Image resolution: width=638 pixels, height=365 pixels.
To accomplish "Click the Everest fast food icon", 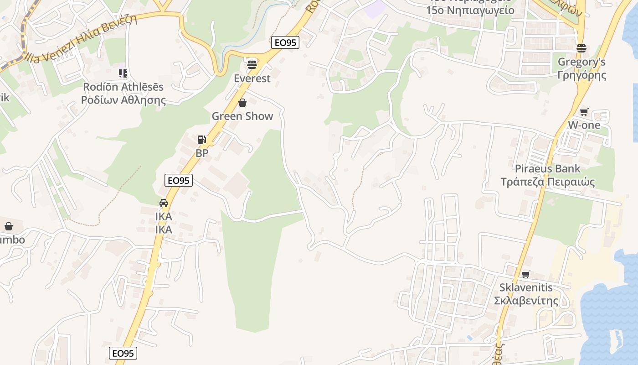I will click(252, 64).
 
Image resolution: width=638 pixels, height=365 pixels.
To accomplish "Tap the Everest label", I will click(252, 78).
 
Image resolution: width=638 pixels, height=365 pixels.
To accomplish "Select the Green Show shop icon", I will click(242, 103).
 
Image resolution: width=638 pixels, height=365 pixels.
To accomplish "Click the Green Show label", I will click(242, 116).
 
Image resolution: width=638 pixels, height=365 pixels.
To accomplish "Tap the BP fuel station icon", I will click(202, 140).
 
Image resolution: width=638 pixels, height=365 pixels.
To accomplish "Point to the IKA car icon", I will click(164, 203).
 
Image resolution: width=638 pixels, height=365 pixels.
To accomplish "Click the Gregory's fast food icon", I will click(581, 48).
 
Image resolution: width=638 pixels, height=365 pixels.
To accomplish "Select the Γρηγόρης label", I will click(582, 75).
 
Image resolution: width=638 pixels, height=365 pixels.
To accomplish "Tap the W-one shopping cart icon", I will click(584, 112).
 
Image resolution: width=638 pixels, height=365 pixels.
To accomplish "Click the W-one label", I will click(584, 125).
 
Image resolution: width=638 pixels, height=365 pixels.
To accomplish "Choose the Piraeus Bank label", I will click(547, 169).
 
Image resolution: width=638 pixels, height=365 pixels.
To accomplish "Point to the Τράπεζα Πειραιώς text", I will click(548, 182).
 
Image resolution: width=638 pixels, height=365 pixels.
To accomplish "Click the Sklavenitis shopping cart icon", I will click(526, 274).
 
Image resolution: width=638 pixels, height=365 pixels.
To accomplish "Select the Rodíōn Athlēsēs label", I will click(123, 87).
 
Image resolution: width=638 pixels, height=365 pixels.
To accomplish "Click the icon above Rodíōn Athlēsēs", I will click(123, 73).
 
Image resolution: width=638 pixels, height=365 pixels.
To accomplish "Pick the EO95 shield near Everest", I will click(285, 42).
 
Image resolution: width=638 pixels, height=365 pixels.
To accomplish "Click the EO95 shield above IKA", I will click(179, 180).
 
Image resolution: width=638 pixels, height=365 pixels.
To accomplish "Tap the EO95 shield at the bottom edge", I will click(123, 353).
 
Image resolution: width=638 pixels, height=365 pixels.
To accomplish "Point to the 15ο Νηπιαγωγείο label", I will click(470, 10).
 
